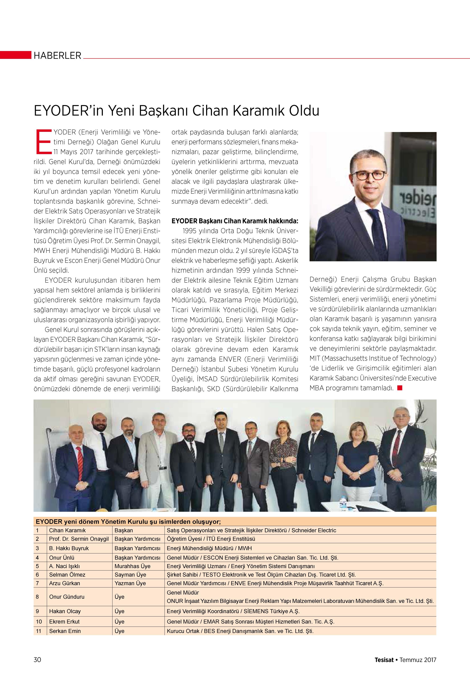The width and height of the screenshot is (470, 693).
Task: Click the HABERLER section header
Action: pos(57,56)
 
